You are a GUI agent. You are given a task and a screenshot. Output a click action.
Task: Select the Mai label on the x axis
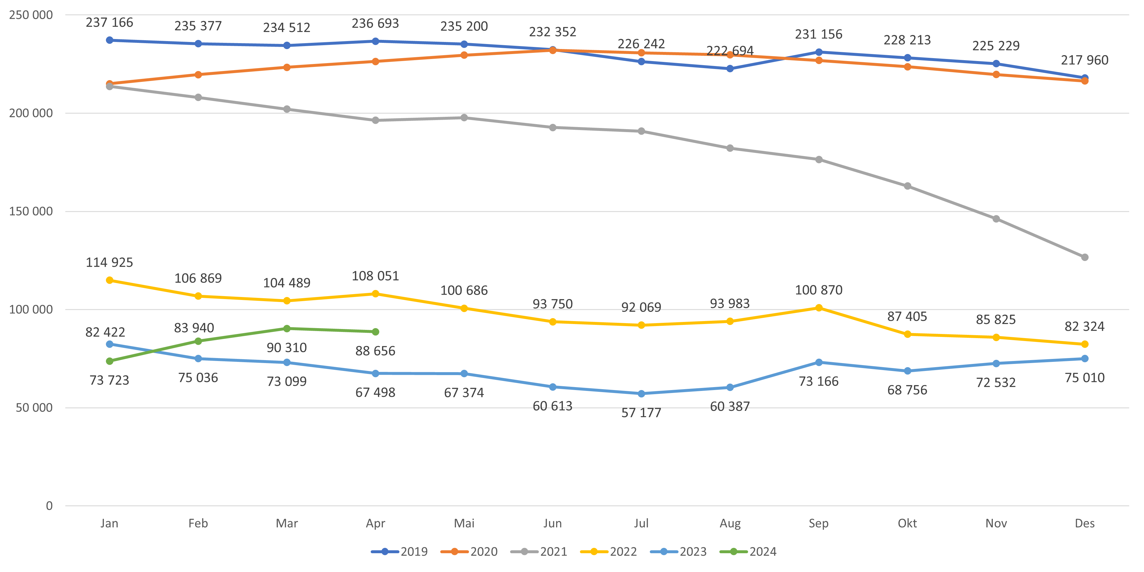464,523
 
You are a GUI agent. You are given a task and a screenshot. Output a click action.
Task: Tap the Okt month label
907,523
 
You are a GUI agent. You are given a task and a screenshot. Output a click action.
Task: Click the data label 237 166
109,23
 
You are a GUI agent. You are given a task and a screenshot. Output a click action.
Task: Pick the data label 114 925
109,262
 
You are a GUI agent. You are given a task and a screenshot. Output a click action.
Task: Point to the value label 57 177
641,413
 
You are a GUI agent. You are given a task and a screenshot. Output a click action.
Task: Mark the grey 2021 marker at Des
1084,257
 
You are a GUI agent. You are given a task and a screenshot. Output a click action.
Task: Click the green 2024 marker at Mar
287,329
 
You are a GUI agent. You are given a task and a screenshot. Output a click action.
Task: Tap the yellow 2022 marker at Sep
819,308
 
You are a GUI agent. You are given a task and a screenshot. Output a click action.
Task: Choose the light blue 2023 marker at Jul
641,394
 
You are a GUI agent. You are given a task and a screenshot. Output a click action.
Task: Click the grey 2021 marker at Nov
996,219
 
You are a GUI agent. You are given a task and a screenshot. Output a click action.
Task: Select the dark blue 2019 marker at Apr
375,41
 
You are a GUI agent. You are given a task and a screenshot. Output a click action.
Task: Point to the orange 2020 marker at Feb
198,75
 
